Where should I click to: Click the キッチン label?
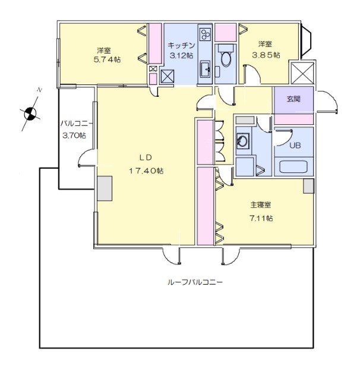tap(180, 45)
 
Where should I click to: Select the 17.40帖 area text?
tap(146, 171)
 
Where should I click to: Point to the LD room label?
tap(146, 157)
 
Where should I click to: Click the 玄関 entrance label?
tap(293, 99)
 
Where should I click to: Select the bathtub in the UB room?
tap(293, 167)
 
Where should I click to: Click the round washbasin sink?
tap(243, 142)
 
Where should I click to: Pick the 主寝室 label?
tap(260, 205)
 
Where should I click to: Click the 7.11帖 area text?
tap(261, 218)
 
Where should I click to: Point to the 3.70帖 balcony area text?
tap(74, 136)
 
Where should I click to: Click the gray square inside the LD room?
tap(105, 188)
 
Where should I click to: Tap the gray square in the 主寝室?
tap(308, 185)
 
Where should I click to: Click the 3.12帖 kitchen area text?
tap(181, 56)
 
